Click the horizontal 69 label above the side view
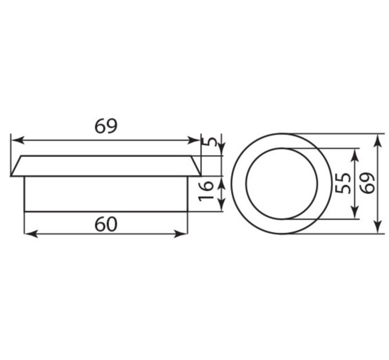105,126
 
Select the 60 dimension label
105,224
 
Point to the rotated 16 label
206,191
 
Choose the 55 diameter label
343,183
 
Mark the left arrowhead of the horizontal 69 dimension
18,140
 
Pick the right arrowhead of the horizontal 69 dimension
193,140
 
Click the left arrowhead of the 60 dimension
31,233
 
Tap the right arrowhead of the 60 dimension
180,233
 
